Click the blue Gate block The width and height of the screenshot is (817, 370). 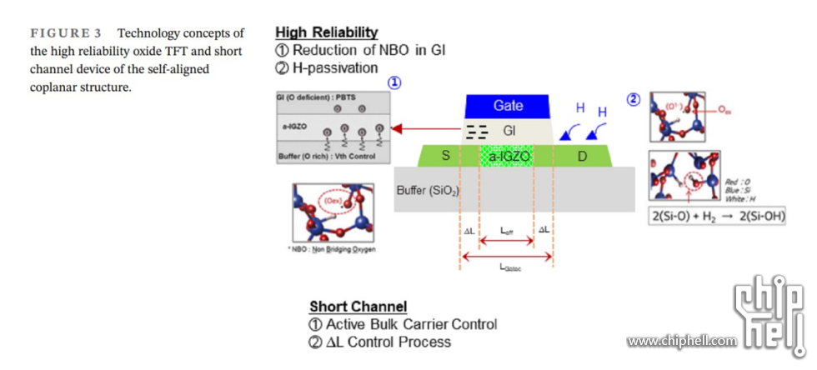click(x=508, y=106)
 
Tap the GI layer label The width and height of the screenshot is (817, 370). click(x=509, y=131)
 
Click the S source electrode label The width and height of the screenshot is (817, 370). click(x=445, y=156)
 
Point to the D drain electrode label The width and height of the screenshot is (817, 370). click(x=581, y=156)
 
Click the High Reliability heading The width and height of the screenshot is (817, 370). click(x=326, y=32)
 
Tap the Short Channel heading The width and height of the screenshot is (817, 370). click(x=358, y=307)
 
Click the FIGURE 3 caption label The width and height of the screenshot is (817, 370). click(x=66, y=33)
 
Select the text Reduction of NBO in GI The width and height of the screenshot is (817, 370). click(x=368, y=50)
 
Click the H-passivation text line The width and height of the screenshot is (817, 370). click(x=333, y=67)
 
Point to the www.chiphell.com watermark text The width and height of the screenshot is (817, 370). click(x=682, y=341)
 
